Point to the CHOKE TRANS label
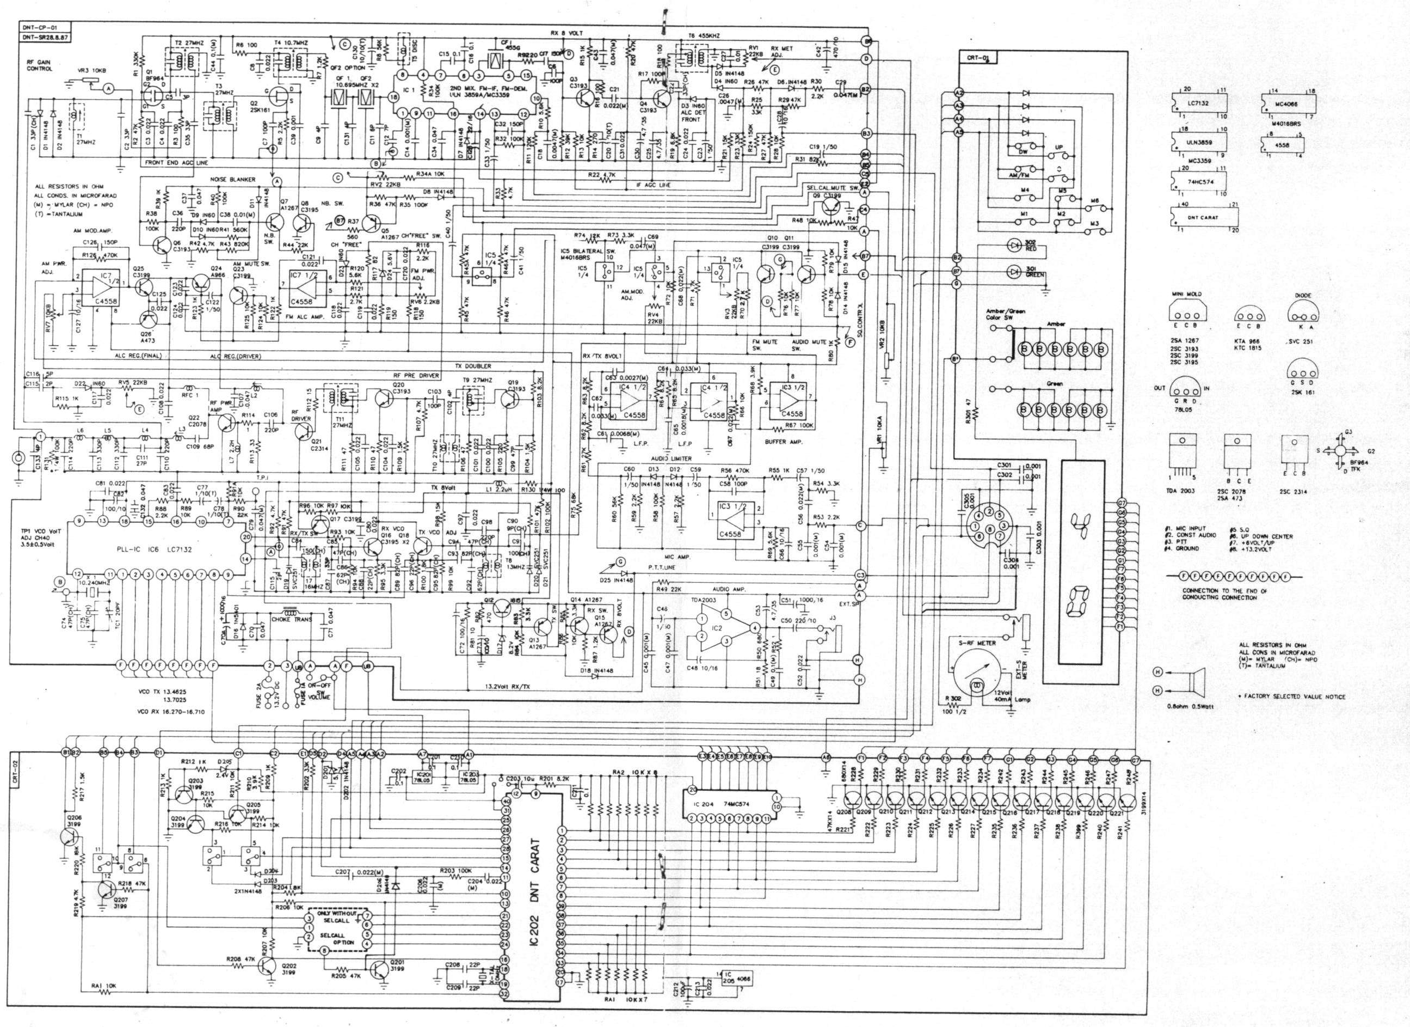289,620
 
